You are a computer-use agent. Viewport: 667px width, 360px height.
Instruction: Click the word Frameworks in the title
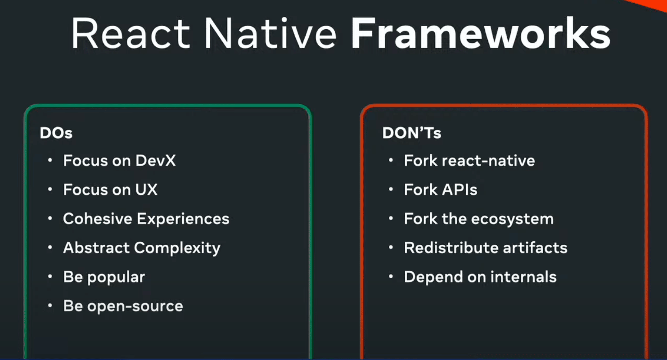tap(481, 33)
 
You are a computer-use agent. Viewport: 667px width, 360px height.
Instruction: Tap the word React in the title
tap(131, 33)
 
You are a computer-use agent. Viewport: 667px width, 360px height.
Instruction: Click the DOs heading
tap(56, 133)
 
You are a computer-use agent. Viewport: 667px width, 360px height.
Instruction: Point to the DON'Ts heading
tap(411, 133)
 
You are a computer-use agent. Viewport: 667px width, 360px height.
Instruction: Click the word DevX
tap(155, 161)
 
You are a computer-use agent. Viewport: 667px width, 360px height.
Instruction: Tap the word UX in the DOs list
tap(146, 189)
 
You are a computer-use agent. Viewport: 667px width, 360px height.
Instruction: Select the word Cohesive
tap(97, 219)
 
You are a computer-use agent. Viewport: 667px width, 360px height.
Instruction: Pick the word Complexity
tap(177, 248)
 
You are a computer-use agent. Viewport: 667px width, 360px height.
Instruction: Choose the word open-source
tap(135, 306)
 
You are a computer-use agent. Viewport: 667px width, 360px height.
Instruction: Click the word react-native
tap(488, 161)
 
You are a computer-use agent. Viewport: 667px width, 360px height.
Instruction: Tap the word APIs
tap(460, 189)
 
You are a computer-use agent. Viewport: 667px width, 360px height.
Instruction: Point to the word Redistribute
tap(451, 248)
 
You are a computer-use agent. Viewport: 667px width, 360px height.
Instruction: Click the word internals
tap(523, 277)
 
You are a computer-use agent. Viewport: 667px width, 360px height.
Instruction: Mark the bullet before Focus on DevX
tap(50, 161)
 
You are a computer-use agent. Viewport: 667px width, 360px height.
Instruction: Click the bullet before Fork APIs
tap(391, 189)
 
